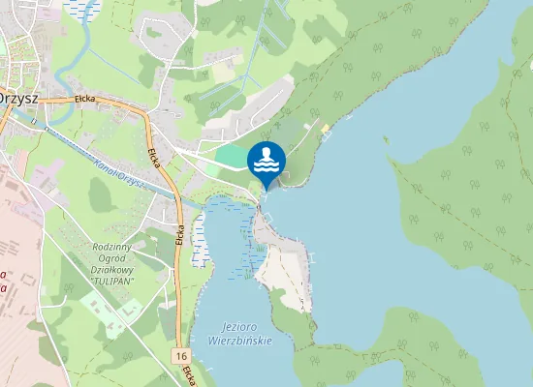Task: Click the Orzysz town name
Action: coord(18,98)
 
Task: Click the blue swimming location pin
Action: coord(266,162)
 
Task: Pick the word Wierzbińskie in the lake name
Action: coord(240,341)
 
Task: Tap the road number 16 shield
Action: coord(182,357)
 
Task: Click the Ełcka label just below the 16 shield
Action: coord(190,376)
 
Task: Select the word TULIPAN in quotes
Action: coord(112,281)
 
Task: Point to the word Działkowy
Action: coord(112,270)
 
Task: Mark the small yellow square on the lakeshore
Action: coord(327,127)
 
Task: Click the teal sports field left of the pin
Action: coord(232,155)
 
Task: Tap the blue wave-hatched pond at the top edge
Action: coord(83,9)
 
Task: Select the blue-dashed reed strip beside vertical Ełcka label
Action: coord(200,239)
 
